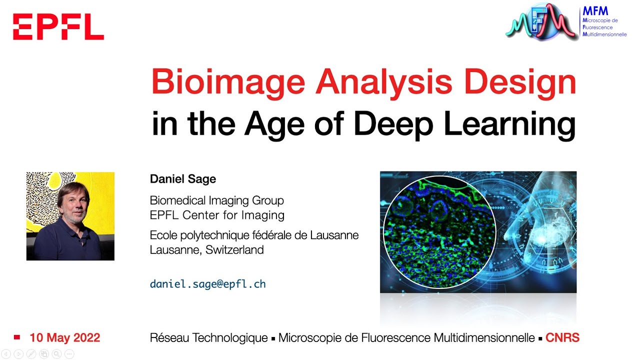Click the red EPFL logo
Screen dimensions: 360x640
[x=58, y=27]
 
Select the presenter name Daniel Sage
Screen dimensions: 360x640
[x=183, y=179]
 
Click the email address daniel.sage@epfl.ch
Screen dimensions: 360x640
[x=207, y=284]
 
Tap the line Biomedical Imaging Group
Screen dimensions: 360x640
[x=216, y=200]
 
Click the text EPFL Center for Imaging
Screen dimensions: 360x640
[x=217, y=215]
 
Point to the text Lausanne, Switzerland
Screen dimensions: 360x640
[x=206, y=250]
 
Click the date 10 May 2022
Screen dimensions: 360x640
[x=64, y=338]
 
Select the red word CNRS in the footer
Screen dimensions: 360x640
[x=562, y=338]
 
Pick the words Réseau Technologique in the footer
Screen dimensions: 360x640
[x=208, y=338]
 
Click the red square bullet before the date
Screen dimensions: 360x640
[x=17, y=337]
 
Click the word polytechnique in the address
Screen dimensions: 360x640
[x=217, y=235]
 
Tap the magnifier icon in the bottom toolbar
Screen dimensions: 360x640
[x=56, y=354]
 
